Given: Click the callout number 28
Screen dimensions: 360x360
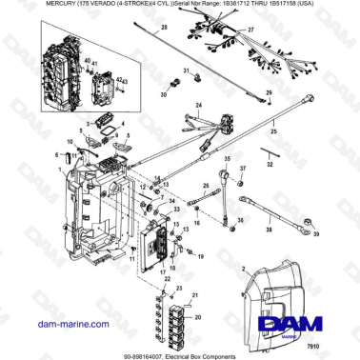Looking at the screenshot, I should (x=163, y=30).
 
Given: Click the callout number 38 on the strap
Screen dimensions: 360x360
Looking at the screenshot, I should (x=270, y=231).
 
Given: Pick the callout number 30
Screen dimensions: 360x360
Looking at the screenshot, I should (x=163, y=95).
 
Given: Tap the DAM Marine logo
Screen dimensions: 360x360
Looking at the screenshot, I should (x=298, y=324).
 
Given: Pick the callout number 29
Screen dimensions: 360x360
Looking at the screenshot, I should (x=270, y=91).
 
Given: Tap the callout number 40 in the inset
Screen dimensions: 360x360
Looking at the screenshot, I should (x=88, y=61).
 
